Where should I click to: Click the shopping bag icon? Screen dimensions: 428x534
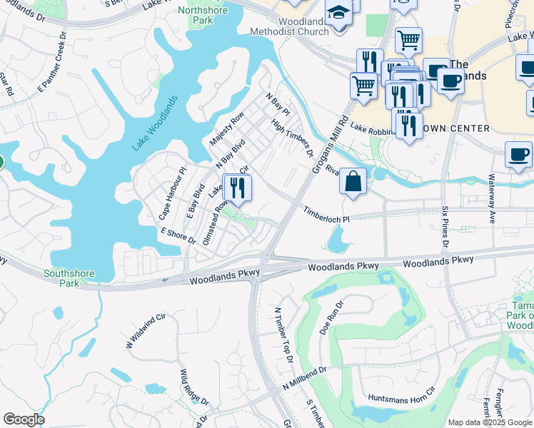point(353,181)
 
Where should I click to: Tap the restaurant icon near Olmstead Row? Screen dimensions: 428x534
point(238,188)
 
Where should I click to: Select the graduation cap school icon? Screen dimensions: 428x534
point(338,12)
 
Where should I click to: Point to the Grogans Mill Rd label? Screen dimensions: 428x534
point(330,143)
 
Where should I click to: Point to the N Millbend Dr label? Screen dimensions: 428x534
point(303,379)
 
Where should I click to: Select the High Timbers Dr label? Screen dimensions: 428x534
point(293,138)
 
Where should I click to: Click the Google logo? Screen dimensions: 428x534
point(24,419)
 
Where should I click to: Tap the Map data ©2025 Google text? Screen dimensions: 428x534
point(490,422)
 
